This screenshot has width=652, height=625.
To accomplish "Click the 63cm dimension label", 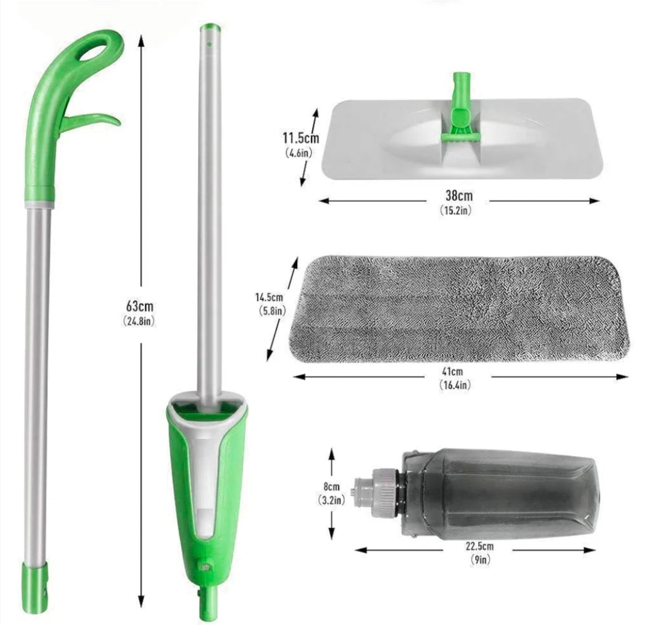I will click(x=139, y=306).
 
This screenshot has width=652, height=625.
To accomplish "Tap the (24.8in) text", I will click(x=139, y=321).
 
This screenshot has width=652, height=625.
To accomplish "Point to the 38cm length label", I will click(x=459, y=195).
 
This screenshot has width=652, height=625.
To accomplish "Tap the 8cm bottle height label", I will click(x=330, y=487).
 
